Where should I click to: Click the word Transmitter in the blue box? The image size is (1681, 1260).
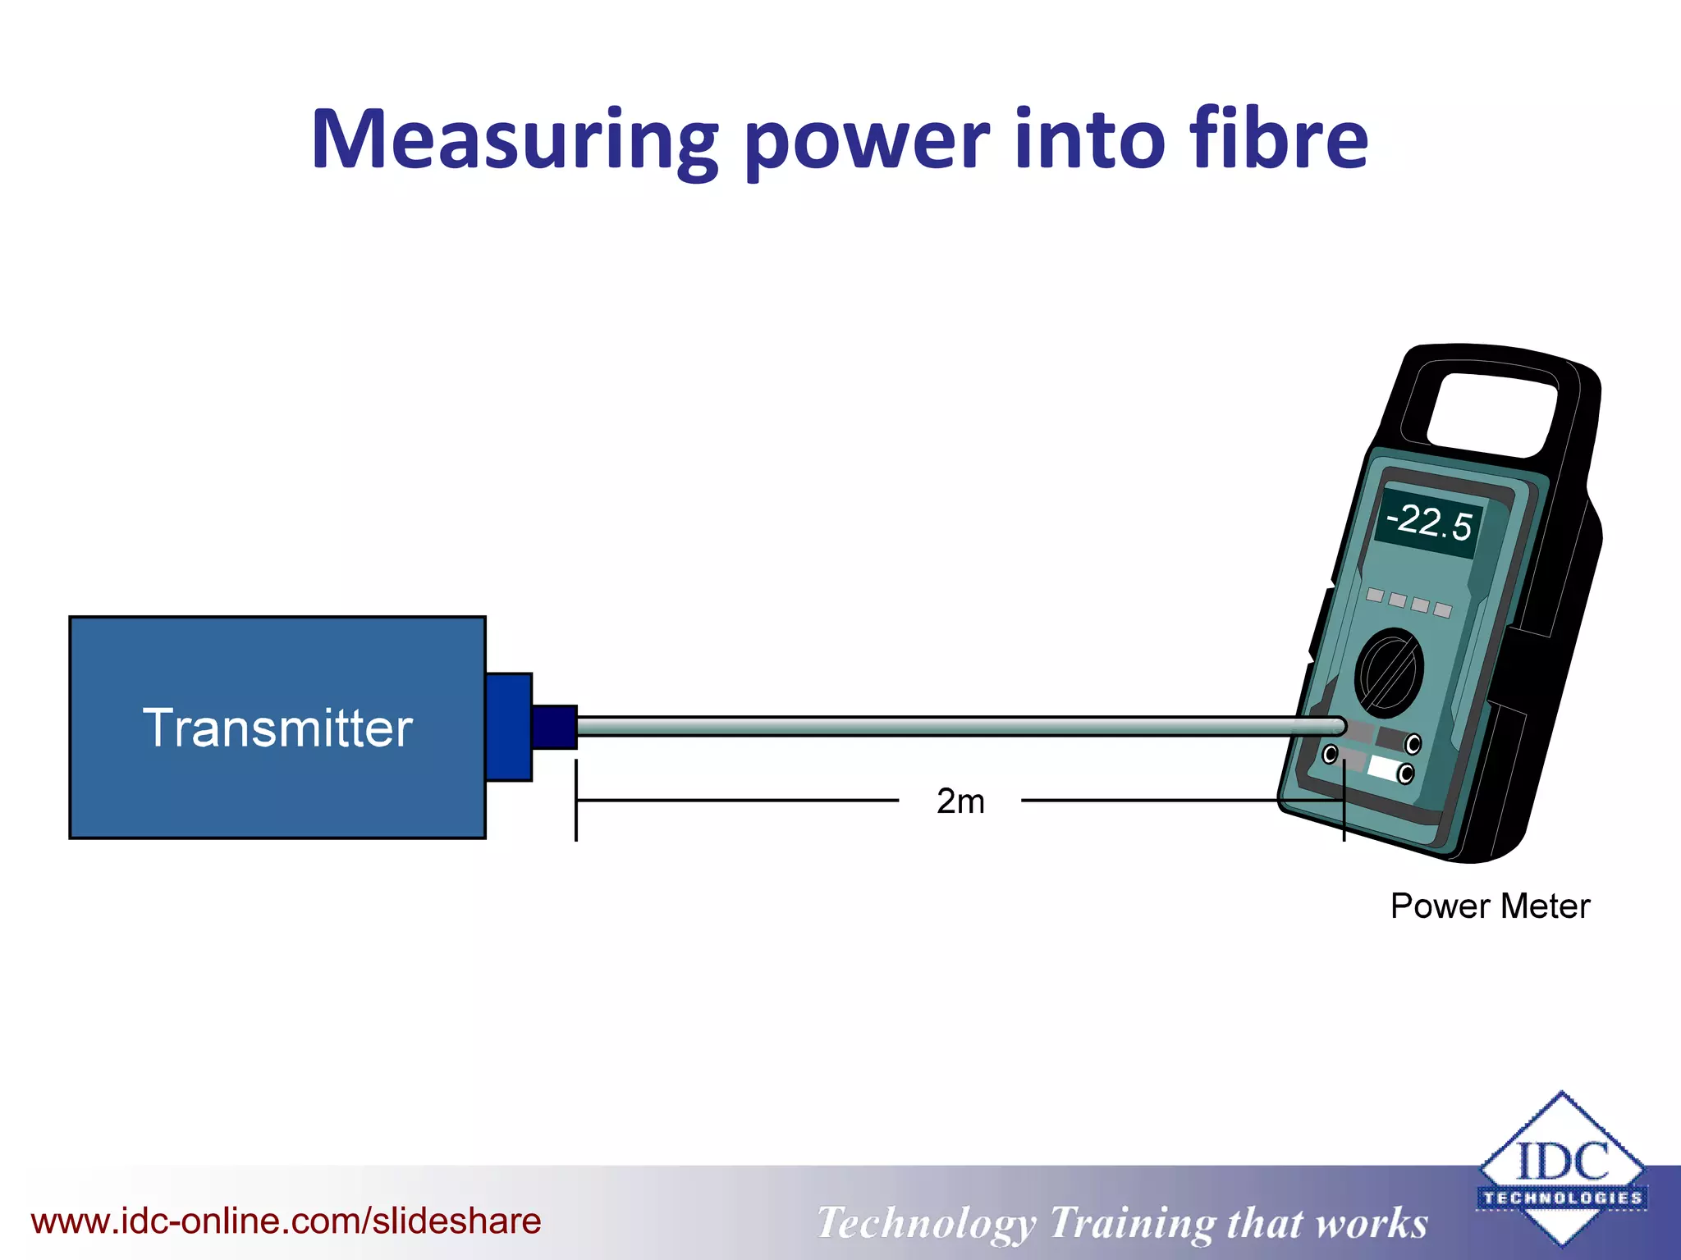coord(277,728)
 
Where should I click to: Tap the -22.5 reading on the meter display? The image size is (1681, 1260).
coord(1429,523)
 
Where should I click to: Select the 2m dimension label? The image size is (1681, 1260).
coord(960,801)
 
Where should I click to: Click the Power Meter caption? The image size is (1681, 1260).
coord(1490,906)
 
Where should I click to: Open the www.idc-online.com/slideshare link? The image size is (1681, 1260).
coord(286,1221)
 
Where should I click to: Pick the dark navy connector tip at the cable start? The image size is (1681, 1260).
coord(554,727)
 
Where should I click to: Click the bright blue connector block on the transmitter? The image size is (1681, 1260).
coord(509,727)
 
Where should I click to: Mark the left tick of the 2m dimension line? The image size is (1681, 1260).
coord(576,800)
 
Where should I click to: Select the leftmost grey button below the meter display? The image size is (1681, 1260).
coord(1376,595)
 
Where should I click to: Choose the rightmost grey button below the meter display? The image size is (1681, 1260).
coord(1443,609)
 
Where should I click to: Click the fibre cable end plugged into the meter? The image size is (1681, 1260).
coord(1336,726)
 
